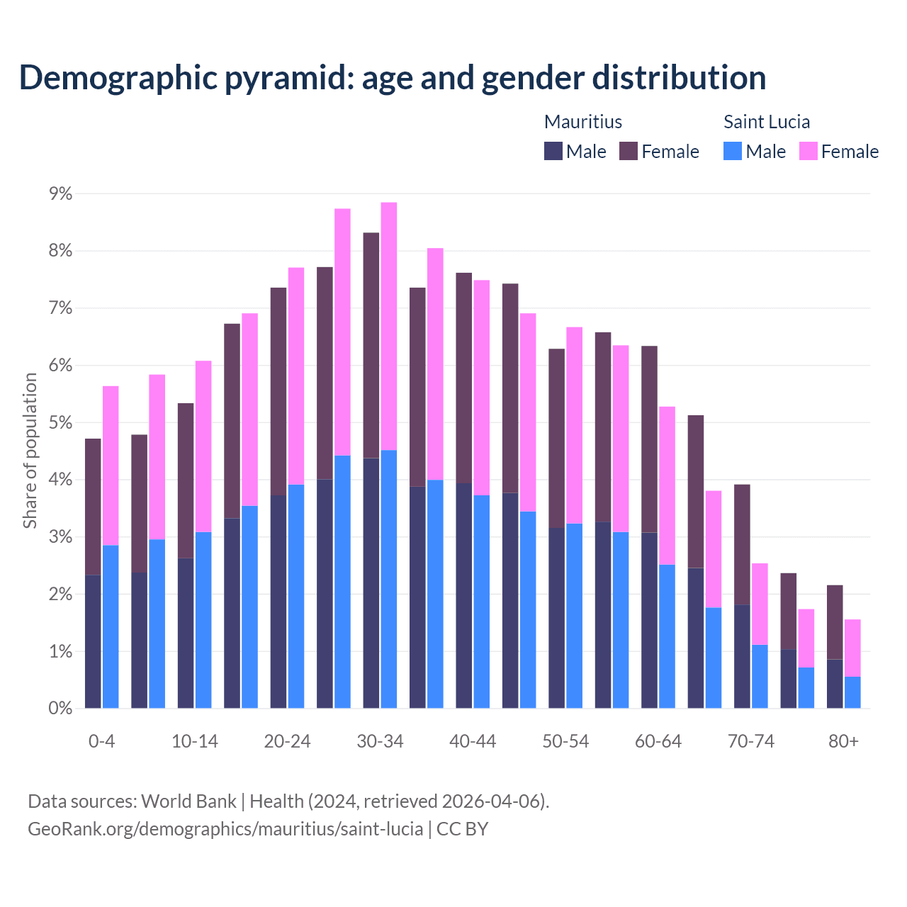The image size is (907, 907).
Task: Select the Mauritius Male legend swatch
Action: tap(553, 151)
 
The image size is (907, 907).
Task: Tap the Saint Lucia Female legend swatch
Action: tap(809, 151)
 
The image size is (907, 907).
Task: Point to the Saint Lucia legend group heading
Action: tap(766, 122)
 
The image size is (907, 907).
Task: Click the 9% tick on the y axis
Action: tap(60, 193)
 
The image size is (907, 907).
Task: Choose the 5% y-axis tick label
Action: tap(60, 423)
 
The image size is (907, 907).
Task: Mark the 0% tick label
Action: tap(60, 709)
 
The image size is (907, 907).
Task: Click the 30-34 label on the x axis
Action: tap(381, 741)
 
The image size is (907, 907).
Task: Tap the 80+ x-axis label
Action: tap(843, 741)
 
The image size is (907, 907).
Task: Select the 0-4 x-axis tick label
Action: tap(102, 741)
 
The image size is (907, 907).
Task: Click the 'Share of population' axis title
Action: tap(30, 451)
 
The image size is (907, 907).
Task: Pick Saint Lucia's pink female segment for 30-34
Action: tap(389, 326)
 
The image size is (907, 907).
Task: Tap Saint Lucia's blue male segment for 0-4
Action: tap(111, 626)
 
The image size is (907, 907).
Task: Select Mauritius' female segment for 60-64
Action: tap(649, 439)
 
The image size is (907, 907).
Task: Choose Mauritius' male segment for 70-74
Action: tap(742, 656)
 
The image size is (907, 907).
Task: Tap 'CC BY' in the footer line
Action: tap(462, 829)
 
